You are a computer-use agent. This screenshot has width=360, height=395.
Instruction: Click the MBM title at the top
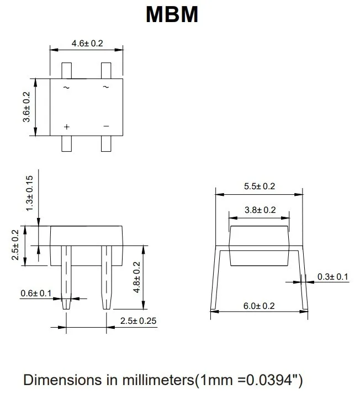172,14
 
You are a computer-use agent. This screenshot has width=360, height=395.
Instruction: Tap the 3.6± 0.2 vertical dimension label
27,107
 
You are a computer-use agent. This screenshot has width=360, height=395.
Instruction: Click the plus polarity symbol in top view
66,127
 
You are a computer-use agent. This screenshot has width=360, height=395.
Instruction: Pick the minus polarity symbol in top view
106,126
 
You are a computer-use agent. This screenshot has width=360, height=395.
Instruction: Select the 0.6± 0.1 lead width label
35,292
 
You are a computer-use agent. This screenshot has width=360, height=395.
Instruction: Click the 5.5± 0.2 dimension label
260,186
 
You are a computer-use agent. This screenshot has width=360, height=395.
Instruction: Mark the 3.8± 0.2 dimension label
260,210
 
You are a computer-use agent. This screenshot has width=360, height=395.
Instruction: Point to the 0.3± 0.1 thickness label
333,277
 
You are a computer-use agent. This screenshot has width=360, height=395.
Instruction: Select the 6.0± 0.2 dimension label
260,305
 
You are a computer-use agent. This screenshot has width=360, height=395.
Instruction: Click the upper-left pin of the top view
66,71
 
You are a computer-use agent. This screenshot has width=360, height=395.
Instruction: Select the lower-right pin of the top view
106,143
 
